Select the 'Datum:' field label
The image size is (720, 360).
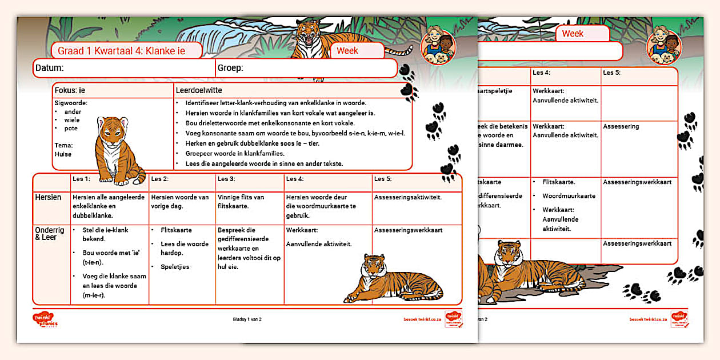(x=49, y=68)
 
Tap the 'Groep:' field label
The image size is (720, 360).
(x=230, y=68)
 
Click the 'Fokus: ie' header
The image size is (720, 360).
(x=70, y=90)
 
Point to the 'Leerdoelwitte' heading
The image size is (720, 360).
(x=199, y=90)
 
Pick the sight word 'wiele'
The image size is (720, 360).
(x=72, y=120)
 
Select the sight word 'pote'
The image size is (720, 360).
(x=71, y=129)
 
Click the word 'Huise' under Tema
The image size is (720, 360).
(x=63, y=154)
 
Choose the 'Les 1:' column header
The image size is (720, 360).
(x=81, y=179)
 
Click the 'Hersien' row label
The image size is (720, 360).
(x=49, y=197)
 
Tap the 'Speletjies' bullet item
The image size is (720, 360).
(x=174, y=267)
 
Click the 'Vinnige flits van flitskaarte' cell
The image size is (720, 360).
(x=241, y=201)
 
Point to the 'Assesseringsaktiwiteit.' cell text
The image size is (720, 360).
(x=409, y=197)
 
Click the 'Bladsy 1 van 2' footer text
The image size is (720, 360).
(x=247, y=319)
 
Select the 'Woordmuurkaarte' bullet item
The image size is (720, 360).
(x=569, y=196)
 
